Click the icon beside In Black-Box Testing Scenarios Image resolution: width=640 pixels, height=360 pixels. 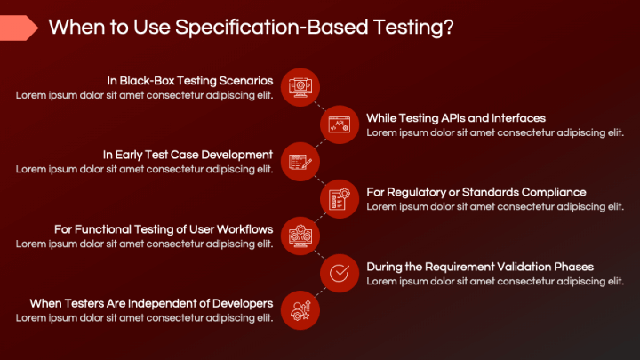[x=300, y=86]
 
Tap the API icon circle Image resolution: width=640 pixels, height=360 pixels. [x=339, y=124]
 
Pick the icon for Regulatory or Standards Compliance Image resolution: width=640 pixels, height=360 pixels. [x=339, y=198]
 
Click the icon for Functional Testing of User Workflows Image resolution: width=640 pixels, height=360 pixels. [x=300, y=236]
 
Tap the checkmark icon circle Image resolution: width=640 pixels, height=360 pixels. [x=339, y=273]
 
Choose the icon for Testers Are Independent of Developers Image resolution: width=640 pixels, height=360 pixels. [x=300, y=310]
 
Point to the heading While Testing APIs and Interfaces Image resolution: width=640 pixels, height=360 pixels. [x=456, y=117]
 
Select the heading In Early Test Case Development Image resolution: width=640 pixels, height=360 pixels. [x=188, y=155]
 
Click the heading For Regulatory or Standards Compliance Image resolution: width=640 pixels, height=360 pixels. [x=476, y=192]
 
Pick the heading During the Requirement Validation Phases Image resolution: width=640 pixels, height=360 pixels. [x=480, y=267]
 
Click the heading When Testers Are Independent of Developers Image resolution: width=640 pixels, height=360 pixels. [x=151, y=303]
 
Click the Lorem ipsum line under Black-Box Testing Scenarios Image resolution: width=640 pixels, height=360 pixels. [x=144, y=95]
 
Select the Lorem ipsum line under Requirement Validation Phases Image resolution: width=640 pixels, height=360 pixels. [x=495, y=282]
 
